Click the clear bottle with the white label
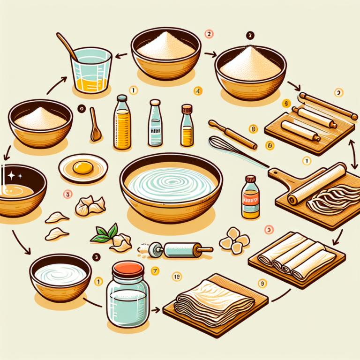pyautogui.click(x=155, y=124)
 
